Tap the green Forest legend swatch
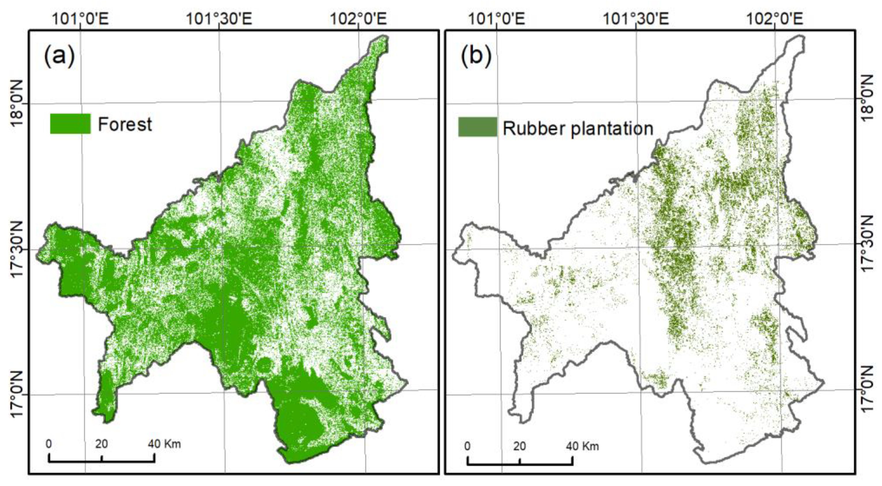point(70,124)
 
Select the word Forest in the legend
point(125,124)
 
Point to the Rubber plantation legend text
point(578,128)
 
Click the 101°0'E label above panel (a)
point(80,19)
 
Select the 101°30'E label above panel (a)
point(219,19)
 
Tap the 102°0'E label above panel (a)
point(358,19)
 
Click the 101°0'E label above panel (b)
point(496,19)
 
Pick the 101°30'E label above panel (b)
point(635,19)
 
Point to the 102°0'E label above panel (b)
point(774,19)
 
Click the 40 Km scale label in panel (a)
point(164,444)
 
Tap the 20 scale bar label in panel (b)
point(519,446)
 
